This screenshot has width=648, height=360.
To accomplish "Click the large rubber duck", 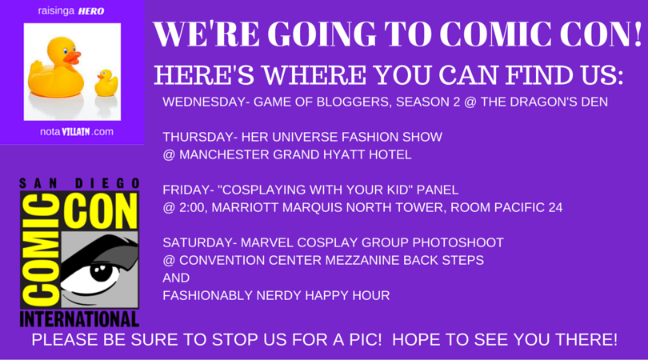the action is click(55, 68).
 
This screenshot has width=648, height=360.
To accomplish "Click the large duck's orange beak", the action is click(72, 58).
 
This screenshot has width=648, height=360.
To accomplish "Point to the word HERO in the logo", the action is click(91, 11).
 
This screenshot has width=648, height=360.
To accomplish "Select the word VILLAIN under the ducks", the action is click(76, 132).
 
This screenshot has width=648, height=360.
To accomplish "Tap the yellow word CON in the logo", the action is click(102, 210).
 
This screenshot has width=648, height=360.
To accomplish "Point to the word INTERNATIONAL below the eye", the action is click(79, 319).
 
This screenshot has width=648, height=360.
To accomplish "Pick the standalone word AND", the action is click(176, 278).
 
